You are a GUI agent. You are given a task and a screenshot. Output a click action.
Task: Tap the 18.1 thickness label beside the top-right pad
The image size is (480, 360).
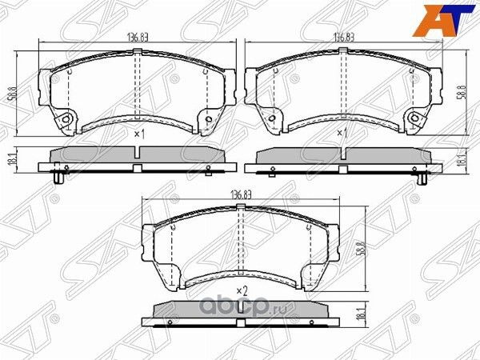(x=462, y=161)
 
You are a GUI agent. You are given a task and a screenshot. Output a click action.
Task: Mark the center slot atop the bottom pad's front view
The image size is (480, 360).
(x=241, y=208)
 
